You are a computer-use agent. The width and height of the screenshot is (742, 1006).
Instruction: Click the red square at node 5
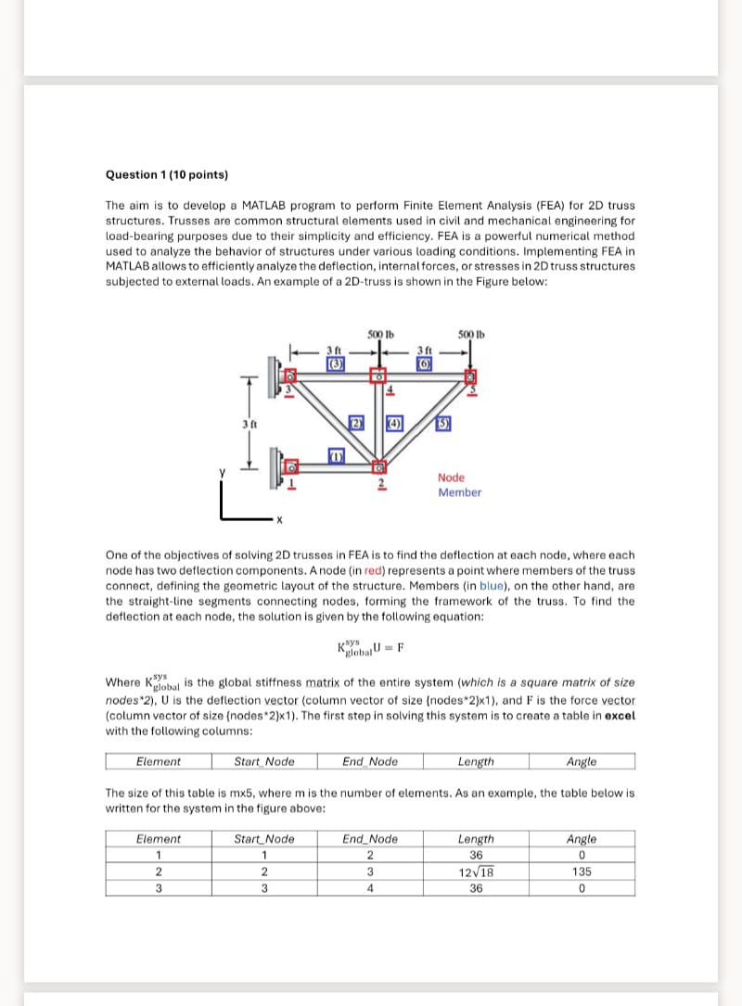(469, 376)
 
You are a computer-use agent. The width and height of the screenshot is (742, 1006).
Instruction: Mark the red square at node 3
(288, 376)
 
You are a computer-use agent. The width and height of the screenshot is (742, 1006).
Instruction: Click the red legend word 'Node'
(451, 478)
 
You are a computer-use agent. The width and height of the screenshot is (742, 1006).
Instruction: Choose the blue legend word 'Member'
(459, 492)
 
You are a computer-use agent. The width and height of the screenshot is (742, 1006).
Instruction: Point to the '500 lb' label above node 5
(471, 334)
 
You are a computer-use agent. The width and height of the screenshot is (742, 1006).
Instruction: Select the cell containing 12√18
(476, 872)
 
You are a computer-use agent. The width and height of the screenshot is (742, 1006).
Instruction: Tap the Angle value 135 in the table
(582, 872)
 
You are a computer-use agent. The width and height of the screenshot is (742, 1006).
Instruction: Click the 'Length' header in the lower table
(476, 839)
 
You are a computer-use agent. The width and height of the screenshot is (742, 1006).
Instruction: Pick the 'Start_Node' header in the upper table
(264, 761)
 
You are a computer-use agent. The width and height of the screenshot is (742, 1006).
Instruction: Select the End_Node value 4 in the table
(370, 887)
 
